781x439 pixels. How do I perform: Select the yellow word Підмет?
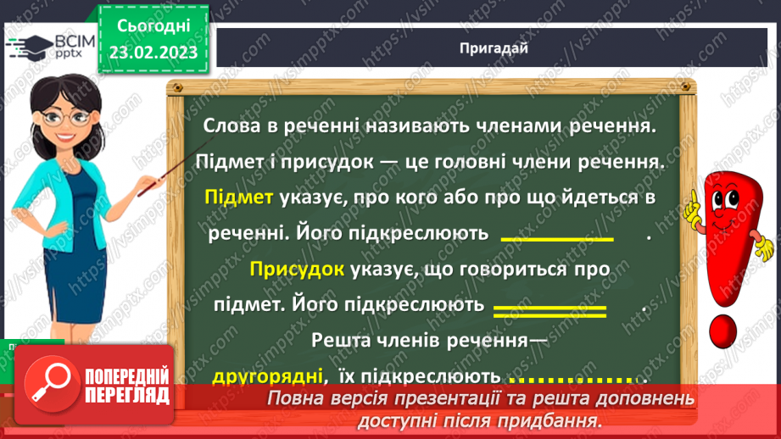[238, 197]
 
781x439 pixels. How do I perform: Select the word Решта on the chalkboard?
[342, 341]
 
